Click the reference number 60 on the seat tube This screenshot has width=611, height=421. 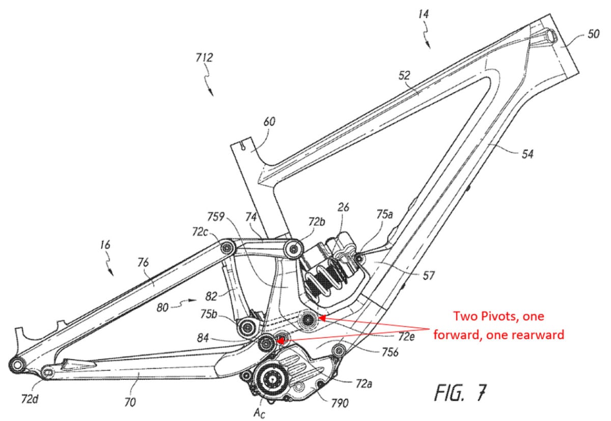[x=268, y=122]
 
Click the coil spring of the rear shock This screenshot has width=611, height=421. [x=326, y=275]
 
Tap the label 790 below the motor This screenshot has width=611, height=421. [x=340, y=403]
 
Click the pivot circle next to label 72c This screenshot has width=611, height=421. [x=227, y=248]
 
